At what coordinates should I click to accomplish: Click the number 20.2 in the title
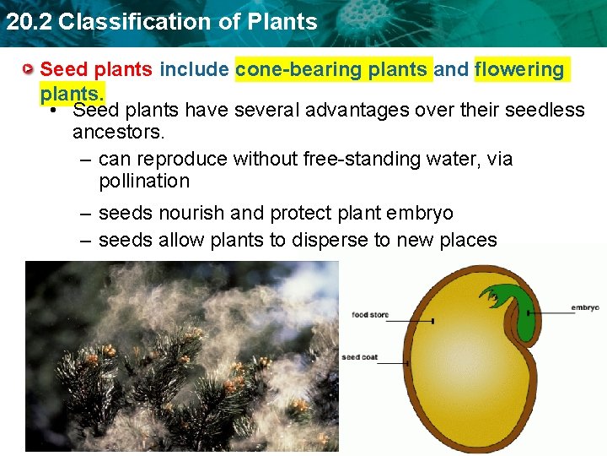pos(26,22)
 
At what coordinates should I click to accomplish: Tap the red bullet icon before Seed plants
pos(29,69)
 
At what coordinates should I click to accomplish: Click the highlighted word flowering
pos(519,69)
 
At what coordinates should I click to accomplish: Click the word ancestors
pos(117,132)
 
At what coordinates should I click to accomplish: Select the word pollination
pos(143,181)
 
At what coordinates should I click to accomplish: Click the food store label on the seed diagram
pos(369,315)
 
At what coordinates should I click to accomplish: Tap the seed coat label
pos(359,357)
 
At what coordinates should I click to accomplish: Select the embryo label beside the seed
pos(584,307)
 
